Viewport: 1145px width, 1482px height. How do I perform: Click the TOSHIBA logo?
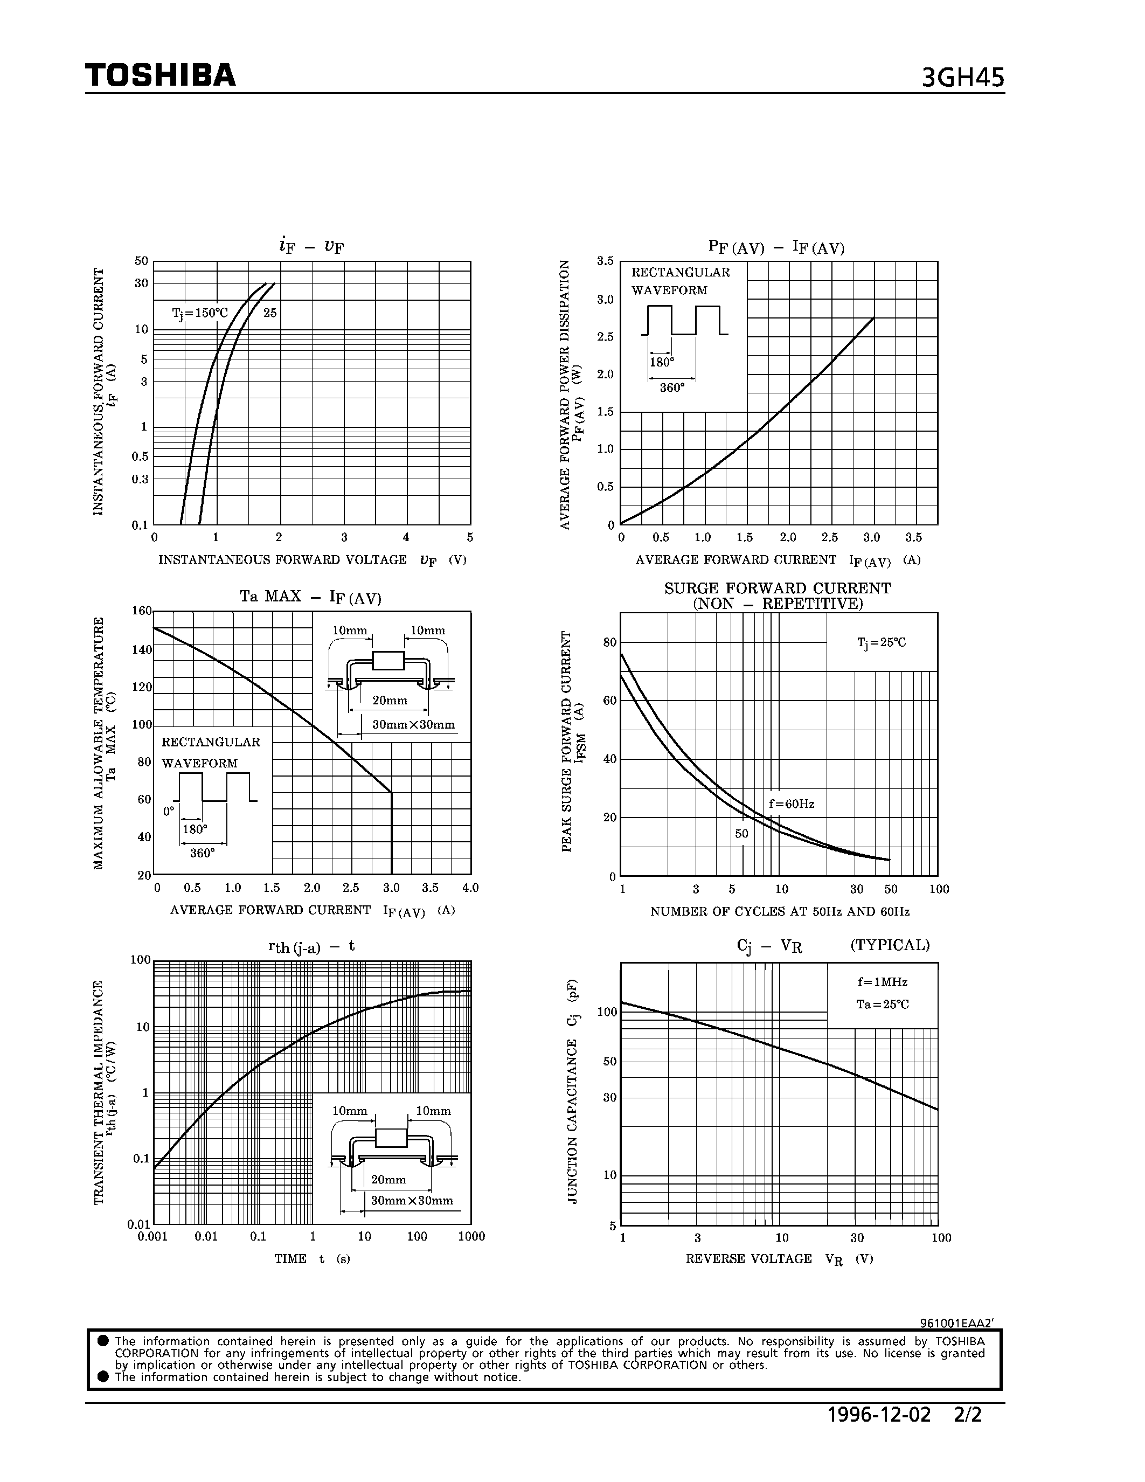[x=161, y=75]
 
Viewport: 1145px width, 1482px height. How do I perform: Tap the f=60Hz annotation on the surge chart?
[x=792, y=804]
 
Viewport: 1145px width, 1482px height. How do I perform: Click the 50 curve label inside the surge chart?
[x=741, y=833]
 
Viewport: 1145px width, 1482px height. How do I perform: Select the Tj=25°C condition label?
[x=881, y=642]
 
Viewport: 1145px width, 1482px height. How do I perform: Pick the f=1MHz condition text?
[x=882, y=982]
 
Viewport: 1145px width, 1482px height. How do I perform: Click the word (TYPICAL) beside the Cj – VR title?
[x=890, y=945]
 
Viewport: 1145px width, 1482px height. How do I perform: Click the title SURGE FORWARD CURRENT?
[x=778, y=588]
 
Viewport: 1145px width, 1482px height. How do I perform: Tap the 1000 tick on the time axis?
[x=471, y=1236]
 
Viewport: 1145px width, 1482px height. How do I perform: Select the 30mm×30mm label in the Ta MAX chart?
[x=414, y=725]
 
